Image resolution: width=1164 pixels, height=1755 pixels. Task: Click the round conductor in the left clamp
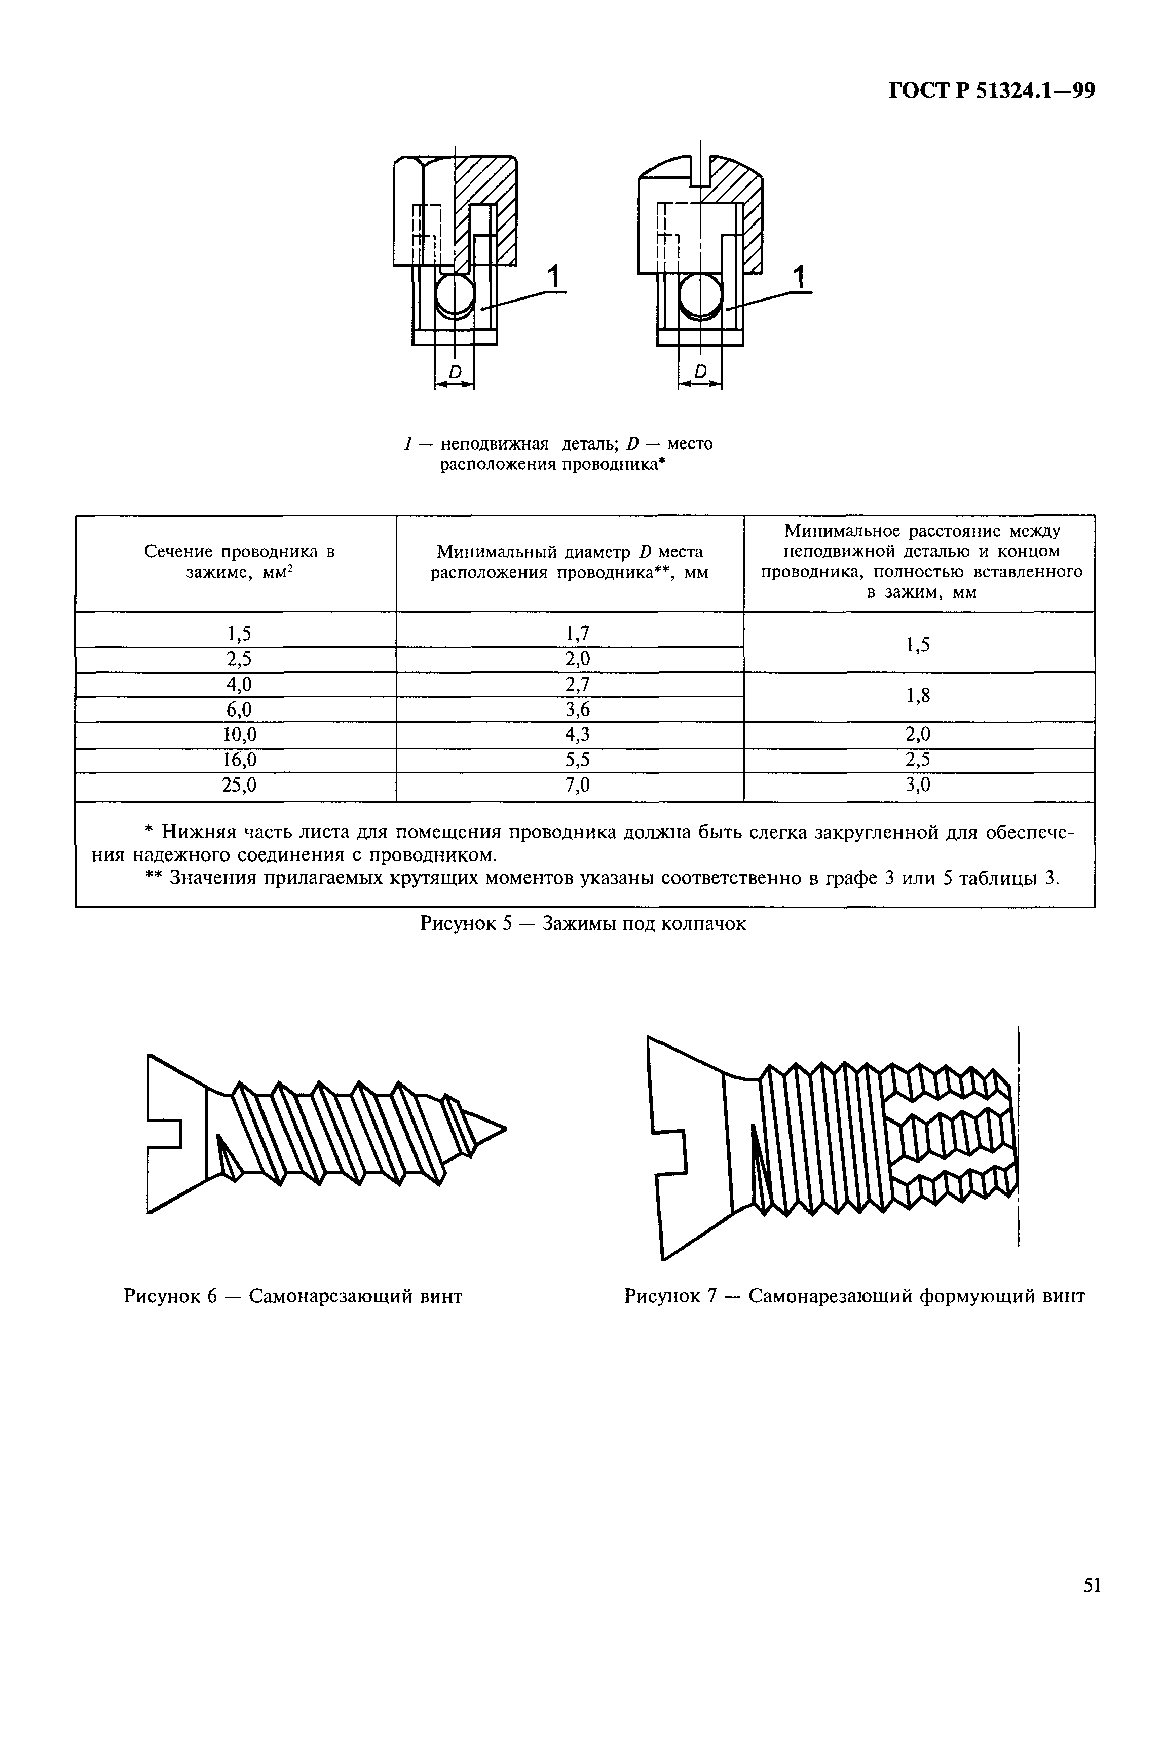(455, 295)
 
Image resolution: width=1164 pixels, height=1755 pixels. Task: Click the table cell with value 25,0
(239, 785)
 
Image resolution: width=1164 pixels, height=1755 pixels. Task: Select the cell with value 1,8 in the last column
(918, 696)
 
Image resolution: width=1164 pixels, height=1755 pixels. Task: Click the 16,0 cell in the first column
(239, 760)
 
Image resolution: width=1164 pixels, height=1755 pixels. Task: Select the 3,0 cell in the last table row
(918, 785)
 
